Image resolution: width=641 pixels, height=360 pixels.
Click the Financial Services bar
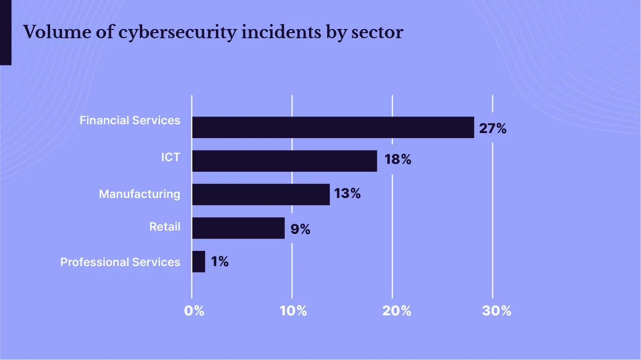point(333,128)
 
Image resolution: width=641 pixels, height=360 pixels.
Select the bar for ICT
point(284,161)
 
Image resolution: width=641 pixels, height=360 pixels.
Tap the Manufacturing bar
point(261,194)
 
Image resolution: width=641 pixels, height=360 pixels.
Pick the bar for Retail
point(238,228)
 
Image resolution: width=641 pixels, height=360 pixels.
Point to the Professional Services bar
point(198,261)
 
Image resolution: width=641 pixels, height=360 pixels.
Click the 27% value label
point(492,128)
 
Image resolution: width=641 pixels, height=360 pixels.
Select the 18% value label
point(397,160)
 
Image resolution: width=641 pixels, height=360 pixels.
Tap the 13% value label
point(347,193)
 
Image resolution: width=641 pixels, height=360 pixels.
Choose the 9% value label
point(300,229)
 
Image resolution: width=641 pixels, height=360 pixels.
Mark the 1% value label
point(219,261)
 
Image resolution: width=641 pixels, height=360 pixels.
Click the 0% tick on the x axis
point(194,311)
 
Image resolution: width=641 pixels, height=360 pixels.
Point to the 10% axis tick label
point(293,311)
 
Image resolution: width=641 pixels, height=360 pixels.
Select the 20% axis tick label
point(397,311)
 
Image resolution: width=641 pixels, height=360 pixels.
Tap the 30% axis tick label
point(497,311)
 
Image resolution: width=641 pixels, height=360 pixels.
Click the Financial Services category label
point(130,120)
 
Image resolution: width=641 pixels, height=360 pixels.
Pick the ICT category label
point(170,157)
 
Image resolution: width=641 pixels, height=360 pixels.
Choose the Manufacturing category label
point(139,194)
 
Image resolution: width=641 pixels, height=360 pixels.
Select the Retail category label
point(165,226)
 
